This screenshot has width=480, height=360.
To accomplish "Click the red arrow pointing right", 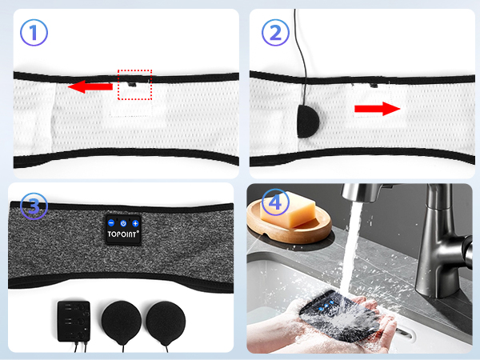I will coord(378,109).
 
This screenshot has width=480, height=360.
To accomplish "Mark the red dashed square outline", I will coord(134,84).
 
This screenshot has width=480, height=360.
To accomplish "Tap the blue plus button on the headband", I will coord(135,223).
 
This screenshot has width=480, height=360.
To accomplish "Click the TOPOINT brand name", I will coord(123,238).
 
